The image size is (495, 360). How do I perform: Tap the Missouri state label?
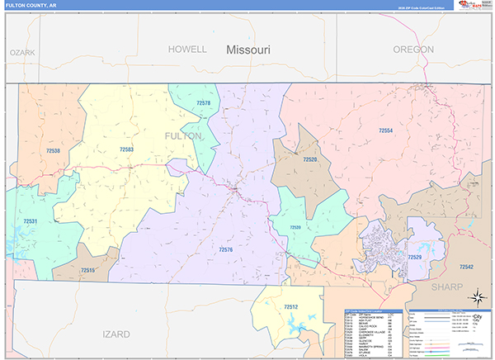pos(248,50)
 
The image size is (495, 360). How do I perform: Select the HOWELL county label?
pos(187,49)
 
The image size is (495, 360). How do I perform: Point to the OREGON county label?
pos(413,50)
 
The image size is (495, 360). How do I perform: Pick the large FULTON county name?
pos(182,135)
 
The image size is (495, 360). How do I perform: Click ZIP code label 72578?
pos(203,103)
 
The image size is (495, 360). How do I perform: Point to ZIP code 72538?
pos(54,151)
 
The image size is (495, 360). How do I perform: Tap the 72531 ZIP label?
pos(31,221)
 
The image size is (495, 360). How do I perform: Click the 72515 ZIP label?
pos(88,270)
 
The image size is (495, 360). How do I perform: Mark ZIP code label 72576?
pos(226,249)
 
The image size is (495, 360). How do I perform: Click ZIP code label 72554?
pos(385,131)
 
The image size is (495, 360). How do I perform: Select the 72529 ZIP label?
pos(415,258)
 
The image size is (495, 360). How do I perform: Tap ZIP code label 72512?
pos(290,308)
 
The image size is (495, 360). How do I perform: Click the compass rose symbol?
pos(476,298)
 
